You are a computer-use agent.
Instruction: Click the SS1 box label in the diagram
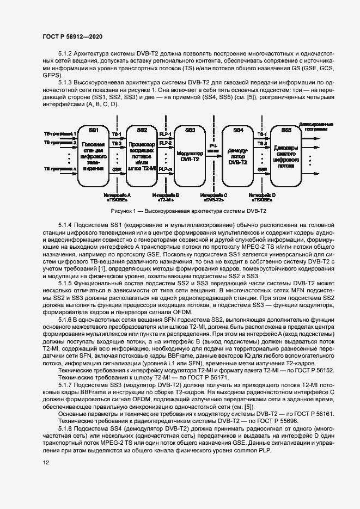click(94, 131)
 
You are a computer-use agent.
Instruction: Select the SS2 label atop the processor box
click(142, 131)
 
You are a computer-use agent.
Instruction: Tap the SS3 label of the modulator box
click(190, 131)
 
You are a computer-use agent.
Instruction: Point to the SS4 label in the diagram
click(238, 131)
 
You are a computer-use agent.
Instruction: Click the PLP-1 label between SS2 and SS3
click(166, 134)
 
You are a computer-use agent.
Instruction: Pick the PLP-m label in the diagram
click(166, 170)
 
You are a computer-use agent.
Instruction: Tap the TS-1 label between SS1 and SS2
click(117, 134)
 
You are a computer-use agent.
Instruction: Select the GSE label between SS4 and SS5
click(262, 169)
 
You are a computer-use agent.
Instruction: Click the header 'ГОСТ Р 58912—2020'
click(72, 36)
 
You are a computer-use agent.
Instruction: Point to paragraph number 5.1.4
click(68, 225)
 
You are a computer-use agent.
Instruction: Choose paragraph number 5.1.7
click(68, 385)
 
